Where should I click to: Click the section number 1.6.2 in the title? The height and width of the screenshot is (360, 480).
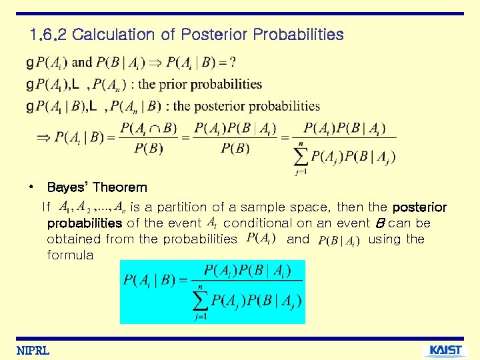[48, 34]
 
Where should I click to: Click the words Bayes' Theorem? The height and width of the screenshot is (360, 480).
[97, 187]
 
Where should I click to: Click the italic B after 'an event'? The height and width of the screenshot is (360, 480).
[380, 223]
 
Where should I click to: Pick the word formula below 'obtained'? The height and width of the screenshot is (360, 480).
[70, 255]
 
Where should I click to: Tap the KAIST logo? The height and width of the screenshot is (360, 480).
[445, 351]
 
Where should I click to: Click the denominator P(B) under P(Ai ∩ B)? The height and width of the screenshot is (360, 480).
[149, 148]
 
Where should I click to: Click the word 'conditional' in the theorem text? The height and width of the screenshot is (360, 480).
[257, 223]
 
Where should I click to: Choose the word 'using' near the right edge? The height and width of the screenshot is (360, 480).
[386, 239]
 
